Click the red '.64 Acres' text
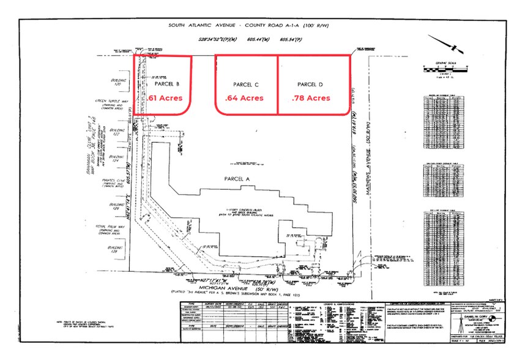pos(244,98)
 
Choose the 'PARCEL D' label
pos(310,84)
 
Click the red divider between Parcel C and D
pos(278,84)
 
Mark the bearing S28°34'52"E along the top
pos(235,39)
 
